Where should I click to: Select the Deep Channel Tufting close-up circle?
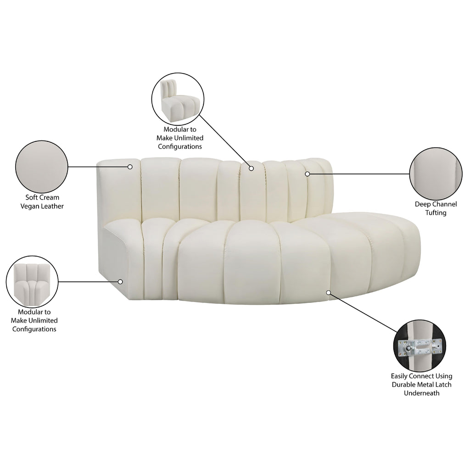pos(435,173)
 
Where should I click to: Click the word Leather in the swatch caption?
pos(52,206)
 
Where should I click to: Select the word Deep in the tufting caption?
pos(423,204)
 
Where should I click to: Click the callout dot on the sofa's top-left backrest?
pos(130,167)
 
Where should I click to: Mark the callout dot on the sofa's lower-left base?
pos(120,281)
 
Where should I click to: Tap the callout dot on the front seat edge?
pos(329,292)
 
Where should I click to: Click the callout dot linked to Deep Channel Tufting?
pos(307,174)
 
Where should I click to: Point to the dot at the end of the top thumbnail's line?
pos(251,168)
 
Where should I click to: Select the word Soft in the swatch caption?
pos(33,197)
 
